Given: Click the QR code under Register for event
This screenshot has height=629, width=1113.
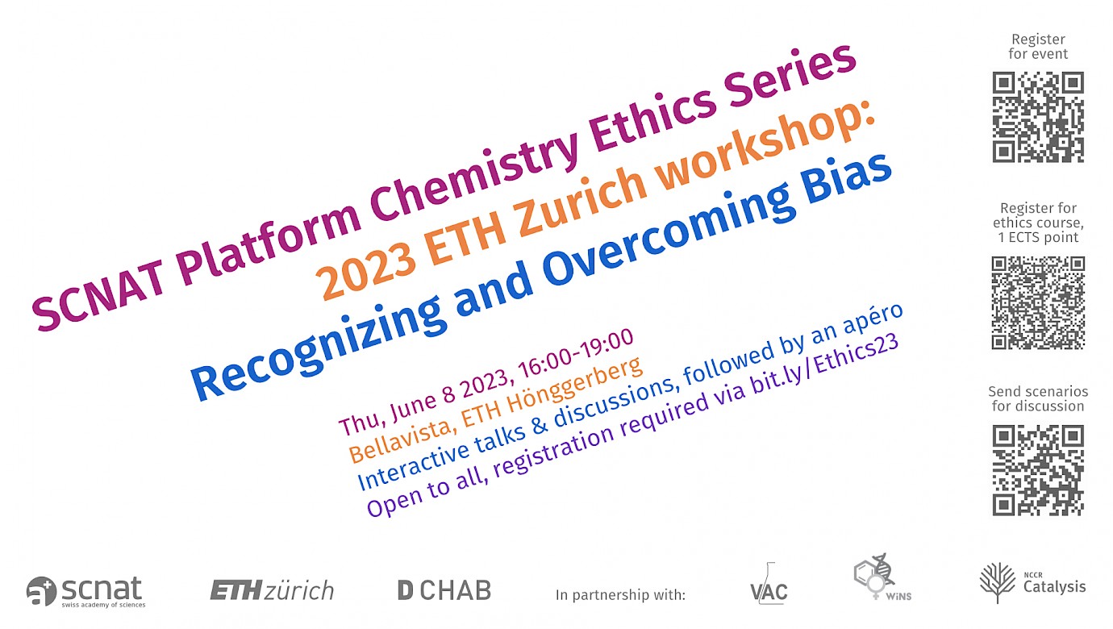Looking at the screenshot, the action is tap(1038, 117).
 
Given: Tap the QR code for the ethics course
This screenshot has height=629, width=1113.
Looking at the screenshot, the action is tap(1038, 302).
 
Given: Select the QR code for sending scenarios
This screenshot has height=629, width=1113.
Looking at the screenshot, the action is tap(1038, 470).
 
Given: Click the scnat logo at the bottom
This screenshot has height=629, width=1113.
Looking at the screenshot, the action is tap(86, 592).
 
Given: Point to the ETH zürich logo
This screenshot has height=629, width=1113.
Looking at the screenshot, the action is tap(272, 591).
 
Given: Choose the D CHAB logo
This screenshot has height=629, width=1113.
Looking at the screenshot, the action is tap(444, 590).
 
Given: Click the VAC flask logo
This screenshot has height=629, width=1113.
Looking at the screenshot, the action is tap(769, 584).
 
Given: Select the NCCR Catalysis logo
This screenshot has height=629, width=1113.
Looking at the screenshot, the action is tap(1032, 583).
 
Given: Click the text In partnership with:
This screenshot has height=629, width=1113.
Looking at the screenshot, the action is tap(620, 594).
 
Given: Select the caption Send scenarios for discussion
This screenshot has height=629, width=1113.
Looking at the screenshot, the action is tap(1038, 399).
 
